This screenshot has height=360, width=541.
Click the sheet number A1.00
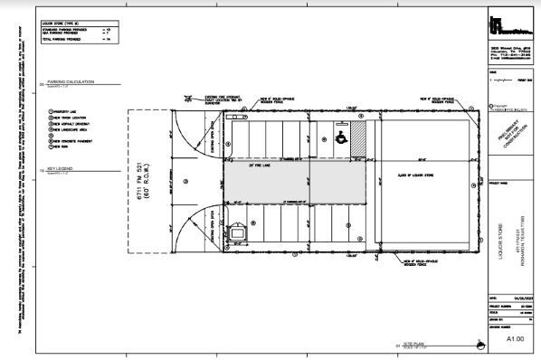pyautogui.click(x=513, y=336)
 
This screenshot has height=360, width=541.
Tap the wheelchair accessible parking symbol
pyautogui.click(x=340, y=138)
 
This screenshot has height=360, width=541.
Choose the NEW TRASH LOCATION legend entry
pyautogui.click(x=65, y=118)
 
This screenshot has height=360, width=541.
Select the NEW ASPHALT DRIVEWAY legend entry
pyautogui.click(x=66, y=124)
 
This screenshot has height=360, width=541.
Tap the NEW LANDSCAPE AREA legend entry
pyautogui.click(x=65, y=130)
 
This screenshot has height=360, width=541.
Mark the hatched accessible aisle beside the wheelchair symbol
pyautogui.click(x=357, y=138)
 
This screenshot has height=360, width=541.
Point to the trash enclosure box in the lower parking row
pyautogui.click(x=238, y=233)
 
